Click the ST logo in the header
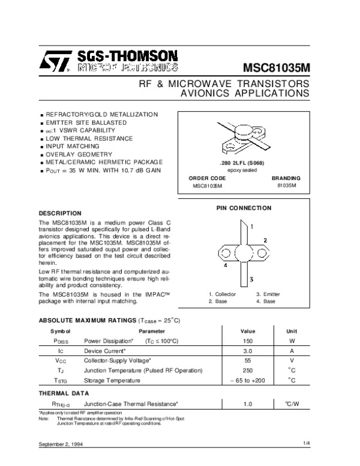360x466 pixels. coord(58,61)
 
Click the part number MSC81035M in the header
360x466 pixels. coord(276,65)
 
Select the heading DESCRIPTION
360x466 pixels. coord(59,213)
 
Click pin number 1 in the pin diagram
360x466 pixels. coord(252,227)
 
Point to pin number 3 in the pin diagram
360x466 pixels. coord(252,279)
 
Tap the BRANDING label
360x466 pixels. coord(286,178)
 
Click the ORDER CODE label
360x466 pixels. coord(208,178)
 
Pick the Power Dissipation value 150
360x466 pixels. coord(247,340)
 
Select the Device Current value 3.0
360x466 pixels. coord(247,350)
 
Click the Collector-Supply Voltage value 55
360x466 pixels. coord(247,360)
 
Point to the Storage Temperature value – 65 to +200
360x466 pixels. coord(247,381)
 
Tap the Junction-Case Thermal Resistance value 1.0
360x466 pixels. coord(247,405)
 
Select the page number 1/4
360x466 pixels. coord(307,443)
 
